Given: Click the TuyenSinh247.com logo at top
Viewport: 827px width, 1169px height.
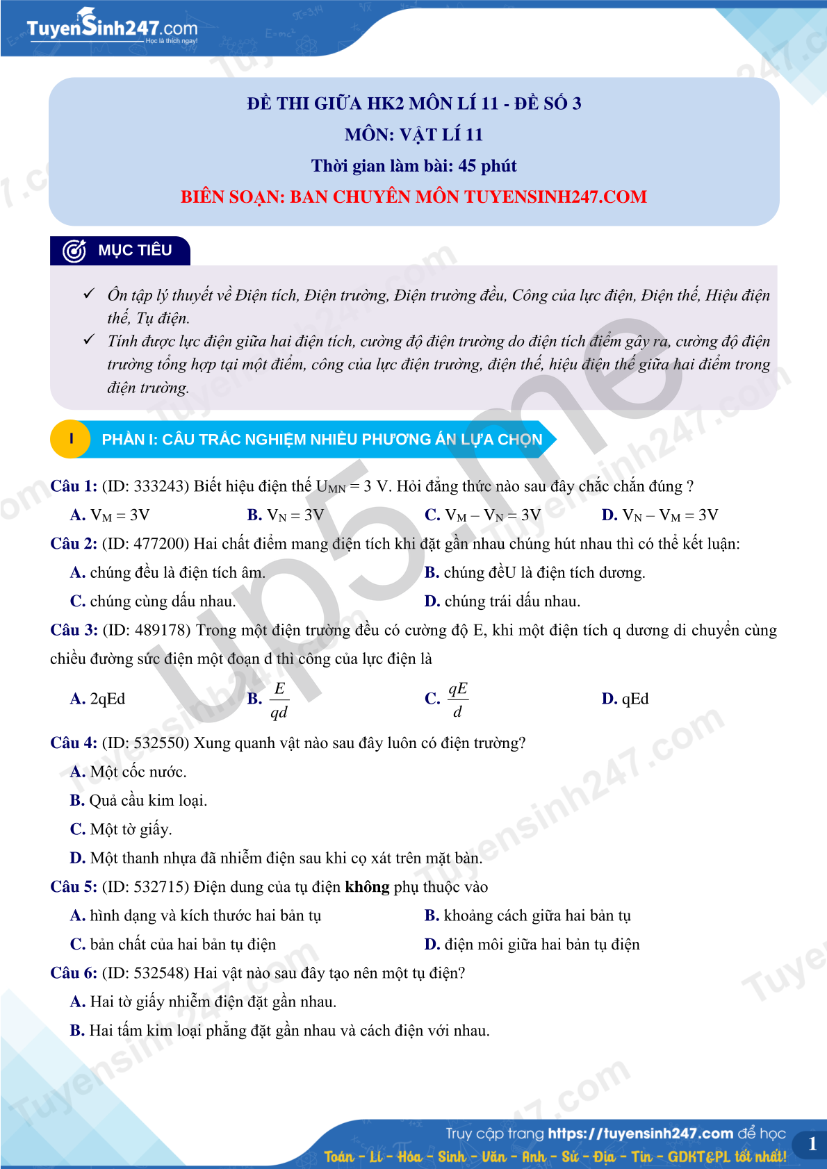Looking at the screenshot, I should point(112,27).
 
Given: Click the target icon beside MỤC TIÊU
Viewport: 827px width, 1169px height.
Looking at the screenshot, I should point(74,251).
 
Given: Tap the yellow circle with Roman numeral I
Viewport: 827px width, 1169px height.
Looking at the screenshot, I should point(70,439).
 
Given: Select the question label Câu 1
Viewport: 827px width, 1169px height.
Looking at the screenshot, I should point(74,486).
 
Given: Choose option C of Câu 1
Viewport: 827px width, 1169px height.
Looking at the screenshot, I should point(482,515).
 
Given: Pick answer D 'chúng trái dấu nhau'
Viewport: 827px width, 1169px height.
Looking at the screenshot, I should point(502,602).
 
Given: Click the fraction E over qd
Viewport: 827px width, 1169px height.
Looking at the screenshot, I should point(279,700).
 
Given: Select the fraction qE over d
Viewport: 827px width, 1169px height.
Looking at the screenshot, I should point(457,699).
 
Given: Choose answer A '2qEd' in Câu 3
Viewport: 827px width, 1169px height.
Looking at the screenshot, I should point(98,699).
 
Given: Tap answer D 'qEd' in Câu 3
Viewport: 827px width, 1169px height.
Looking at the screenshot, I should point(625,699).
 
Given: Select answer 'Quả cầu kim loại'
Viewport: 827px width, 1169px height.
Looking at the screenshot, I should point(139,801).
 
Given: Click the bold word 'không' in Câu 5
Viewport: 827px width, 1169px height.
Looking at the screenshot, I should point(367,887).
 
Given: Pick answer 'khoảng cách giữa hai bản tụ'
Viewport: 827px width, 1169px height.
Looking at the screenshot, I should point(528,916).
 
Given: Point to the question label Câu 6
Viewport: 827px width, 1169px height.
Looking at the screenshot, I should point(74,973).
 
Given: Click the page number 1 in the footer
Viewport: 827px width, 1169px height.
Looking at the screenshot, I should point(812,1144).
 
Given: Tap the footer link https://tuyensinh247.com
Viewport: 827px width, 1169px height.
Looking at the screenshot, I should point(640,1134).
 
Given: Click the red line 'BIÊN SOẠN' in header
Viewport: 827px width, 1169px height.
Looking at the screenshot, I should point(413,197).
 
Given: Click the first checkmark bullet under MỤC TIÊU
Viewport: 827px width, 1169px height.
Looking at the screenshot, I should point(89,294).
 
